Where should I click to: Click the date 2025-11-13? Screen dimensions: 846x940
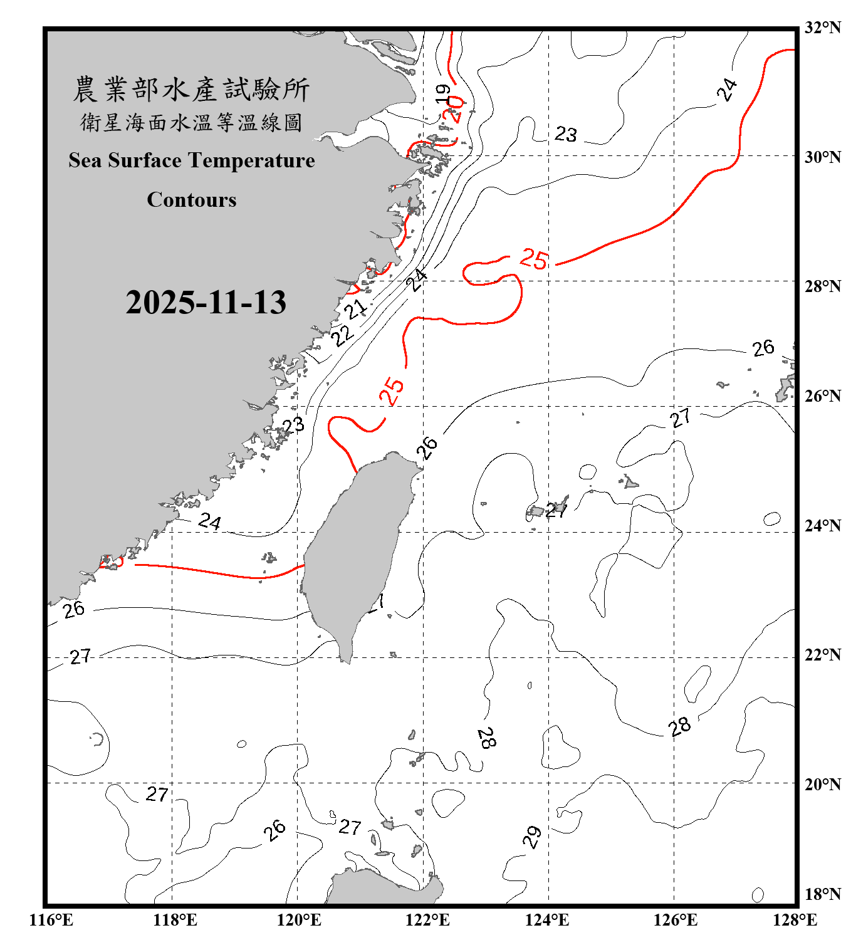click(206, 302)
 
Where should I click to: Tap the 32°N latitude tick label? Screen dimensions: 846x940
click(822, 28)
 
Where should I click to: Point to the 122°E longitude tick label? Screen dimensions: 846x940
click(427, 920)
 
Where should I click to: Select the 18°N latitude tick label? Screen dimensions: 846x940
click(822, 894)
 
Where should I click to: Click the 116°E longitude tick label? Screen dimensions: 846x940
click(51, 920)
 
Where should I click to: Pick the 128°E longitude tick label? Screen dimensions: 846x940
click(795, 920)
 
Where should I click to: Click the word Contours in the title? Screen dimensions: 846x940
click(192, 200)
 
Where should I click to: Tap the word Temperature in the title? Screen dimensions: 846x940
click(251, 160)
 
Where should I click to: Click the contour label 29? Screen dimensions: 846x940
click(532, 837)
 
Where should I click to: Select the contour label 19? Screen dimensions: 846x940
click(443, 93)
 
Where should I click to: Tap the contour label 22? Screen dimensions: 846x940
click(342, 335)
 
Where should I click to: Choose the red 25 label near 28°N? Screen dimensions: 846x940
click(534, 258)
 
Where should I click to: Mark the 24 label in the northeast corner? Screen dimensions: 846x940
click(727, 90)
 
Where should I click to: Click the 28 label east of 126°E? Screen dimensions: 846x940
click(679, 726)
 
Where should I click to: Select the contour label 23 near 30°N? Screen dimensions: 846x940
click(565, 133)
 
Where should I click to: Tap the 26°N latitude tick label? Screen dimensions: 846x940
click(822, 396)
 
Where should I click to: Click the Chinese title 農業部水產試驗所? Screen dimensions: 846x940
click(191, 90)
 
